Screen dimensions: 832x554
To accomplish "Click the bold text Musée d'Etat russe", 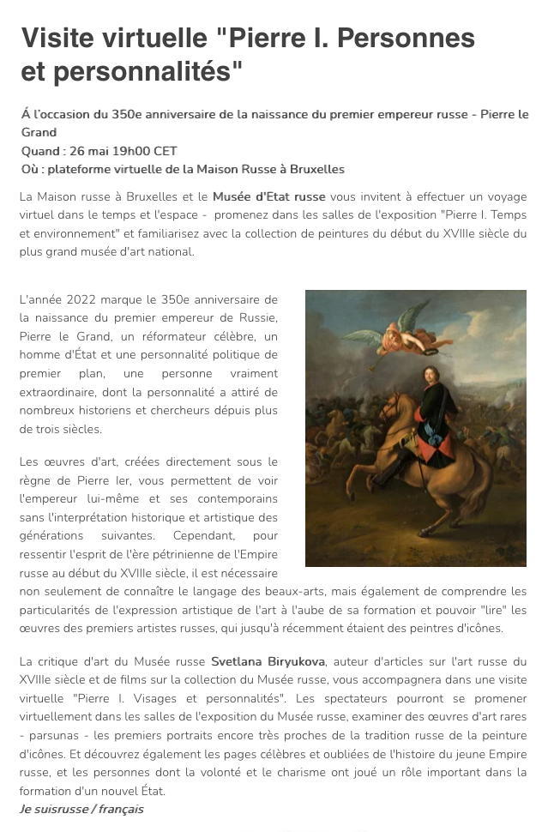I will pos(267,196).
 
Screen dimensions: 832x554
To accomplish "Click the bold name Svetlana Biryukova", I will pos(268,661).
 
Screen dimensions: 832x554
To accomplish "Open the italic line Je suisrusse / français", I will pos(81,809).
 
